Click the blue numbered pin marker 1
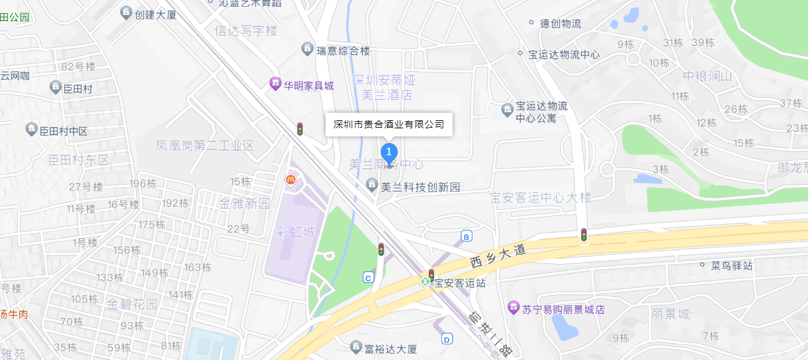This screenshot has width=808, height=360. click(389, 152)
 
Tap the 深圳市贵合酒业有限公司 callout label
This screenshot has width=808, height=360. click(389, 124)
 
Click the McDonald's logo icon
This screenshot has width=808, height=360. click(290, 180)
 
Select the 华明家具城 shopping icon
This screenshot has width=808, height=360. click(275, 83)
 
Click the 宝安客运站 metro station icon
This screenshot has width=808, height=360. click(426, 282)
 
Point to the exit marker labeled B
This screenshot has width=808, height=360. click(466, 236)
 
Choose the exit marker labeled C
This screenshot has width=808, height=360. click(369, 277)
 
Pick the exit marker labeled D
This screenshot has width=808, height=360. click(446, 339)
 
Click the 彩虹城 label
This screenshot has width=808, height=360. click(295, 233)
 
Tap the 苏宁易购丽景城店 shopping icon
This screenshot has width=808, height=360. click(514, 307)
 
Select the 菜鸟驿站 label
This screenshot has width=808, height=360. click(731, 266)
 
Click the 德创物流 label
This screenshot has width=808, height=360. click(560, 24)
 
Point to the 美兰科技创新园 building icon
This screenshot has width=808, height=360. click(372, 185)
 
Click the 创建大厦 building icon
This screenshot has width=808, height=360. click(126, 12)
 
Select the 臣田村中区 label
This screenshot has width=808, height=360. click(63, 131)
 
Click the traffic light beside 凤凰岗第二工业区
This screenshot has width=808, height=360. click(299, 129)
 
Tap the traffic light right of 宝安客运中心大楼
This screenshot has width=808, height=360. click(584, 235)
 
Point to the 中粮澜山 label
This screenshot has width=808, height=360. click(707, 76)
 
